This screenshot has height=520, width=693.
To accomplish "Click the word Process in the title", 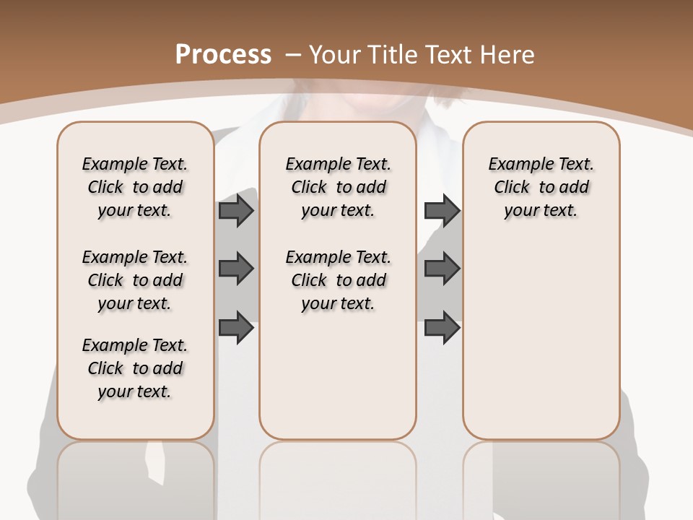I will tap(223, 54).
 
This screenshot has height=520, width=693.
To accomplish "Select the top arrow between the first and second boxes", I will tap(235, 210).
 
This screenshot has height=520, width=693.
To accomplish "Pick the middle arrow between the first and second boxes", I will tap(235, 269).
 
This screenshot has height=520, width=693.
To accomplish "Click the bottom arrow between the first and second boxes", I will tap(235, 327).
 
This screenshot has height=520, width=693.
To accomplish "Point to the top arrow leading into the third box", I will tap(442, 210).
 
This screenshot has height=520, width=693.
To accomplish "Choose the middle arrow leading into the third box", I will tap(442, 269).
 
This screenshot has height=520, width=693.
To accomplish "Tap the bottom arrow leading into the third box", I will tap(442, 327).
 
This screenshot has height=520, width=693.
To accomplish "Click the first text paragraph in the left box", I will tap(135, 187).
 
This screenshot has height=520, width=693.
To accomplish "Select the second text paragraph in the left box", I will tap(135, 280).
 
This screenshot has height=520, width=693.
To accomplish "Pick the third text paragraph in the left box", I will tap(135, 368).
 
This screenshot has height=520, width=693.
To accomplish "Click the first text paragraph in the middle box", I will tap(339, 187).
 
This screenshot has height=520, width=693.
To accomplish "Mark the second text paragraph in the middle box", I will tap(339, 280).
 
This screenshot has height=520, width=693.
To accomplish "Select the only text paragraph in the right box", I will tap(541, 187).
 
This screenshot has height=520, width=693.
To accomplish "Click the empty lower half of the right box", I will tap(541, 347).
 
